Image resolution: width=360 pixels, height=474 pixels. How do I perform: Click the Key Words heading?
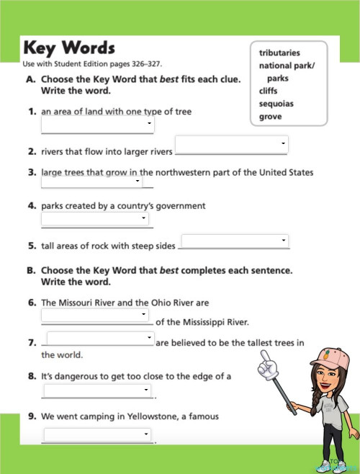(x=69, y=48)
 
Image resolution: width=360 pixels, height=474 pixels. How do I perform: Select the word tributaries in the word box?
(x=279, y=53)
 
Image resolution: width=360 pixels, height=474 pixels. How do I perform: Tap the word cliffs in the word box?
(x=268, y=91)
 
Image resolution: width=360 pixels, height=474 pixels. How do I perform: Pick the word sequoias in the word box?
(x=276, y=104)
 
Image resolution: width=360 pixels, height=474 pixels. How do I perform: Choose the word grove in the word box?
(x=271, y=117)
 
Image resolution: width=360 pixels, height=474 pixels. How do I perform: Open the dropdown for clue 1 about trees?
(x=97, y=125)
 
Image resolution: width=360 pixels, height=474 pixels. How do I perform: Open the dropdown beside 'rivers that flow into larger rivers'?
(x=231, y=143)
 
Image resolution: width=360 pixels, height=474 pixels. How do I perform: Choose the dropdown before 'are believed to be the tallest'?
(x=100, y=337)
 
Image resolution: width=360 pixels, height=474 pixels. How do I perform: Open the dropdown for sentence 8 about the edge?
(x=97, y=390)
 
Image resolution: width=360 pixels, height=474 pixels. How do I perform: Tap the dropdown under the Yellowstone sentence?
(x=97, y=434)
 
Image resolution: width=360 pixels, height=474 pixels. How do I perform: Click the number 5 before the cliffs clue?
(x=32, y=246)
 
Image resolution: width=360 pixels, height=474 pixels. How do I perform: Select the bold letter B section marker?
(x=31, y=271)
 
